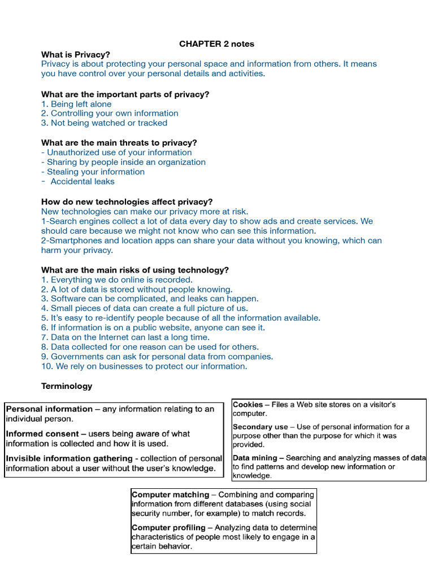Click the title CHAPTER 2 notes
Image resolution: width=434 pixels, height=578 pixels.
click(217, 43)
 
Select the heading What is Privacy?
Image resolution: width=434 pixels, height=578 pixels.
click(76, 54)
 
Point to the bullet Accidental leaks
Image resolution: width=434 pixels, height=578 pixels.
click(82, 181)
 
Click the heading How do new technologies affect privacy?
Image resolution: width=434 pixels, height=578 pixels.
click(127, 202)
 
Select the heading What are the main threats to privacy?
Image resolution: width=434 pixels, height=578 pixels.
click(119, 143)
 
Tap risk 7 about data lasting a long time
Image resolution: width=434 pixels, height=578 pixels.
click(125, 337)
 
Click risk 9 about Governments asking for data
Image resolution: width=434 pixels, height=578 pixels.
click(157, 356)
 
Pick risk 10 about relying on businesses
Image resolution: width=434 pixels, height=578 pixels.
click(144, 366)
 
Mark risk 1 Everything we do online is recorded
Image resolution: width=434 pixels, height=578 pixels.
click(117, 279)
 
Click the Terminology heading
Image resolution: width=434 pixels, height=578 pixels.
click(67, 386)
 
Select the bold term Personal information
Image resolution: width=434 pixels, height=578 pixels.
click(49, 409)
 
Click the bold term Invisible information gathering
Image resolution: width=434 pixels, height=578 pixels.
click(69, 458)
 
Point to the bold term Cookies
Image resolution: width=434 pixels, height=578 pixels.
click(248, 405)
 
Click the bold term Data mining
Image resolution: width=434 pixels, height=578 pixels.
click(255, 458)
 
